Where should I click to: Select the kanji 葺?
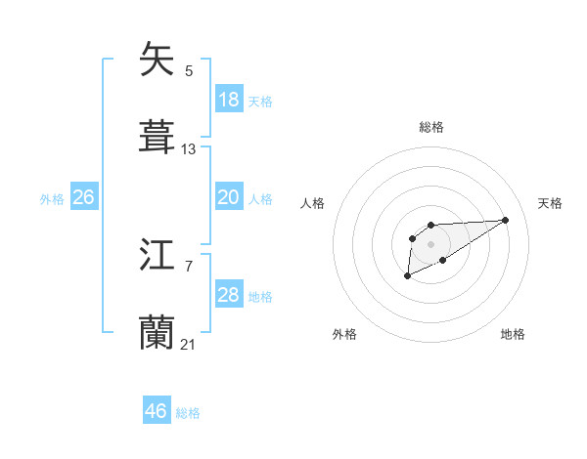(157, 135)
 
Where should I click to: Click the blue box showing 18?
(229, 99)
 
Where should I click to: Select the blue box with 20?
(229, 197)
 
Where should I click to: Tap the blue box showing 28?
(229, 295)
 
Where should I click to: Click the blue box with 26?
(83, 197)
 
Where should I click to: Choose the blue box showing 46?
(157, 411)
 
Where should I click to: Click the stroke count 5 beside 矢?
(189, 71)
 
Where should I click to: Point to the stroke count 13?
(189, 149)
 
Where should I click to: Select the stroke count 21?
(189, 345)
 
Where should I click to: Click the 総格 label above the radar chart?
(430, 127)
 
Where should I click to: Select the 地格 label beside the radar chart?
(513, 334)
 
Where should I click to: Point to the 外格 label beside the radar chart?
(344, 334)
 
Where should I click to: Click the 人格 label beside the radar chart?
(313, 203)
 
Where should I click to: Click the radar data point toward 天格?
(506, 220)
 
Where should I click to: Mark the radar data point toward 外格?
(408, 277)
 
